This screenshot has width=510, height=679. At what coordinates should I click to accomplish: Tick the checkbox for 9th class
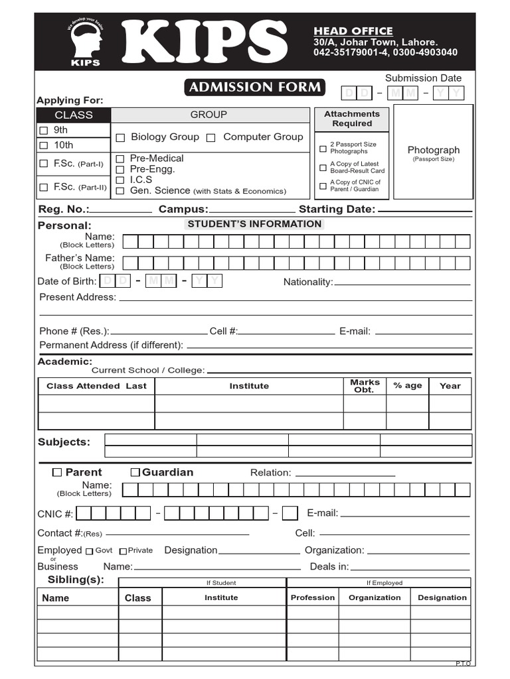coord(44,130)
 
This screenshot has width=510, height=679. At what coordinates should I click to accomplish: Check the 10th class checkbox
coord(44,145)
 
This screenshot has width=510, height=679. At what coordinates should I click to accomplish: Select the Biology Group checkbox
coord(120,138)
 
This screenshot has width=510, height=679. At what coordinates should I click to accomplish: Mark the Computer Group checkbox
coord(211,138)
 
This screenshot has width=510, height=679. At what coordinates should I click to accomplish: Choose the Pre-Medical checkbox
coord(120,158)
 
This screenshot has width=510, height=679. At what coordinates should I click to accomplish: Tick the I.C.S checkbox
coord(120,180)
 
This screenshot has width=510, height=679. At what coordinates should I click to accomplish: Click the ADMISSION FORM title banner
coord(254,87)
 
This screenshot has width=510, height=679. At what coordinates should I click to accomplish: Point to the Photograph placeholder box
coord(433,152)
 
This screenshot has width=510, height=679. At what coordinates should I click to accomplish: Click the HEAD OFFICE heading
coord(353,31)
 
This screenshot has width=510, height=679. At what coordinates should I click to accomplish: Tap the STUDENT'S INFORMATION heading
coord(254,224)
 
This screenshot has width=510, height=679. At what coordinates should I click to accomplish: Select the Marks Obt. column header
coord(365,386)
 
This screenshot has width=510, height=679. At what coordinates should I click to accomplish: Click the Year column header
coord(450,386)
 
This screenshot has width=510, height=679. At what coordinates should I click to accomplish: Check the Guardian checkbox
coord(135,472)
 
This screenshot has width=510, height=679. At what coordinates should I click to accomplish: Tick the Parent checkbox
coord(57,472)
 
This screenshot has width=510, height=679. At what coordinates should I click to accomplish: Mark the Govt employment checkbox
coord(89,551)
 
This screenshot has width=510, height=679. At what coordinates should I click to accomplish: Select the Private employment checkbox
coord(123,551)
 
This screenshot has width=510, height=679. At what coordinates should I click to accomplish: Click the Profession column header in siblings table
coord(312,597)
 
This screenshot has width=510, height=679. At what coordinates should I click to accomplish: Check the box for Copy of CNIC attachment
coord(323,186)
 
